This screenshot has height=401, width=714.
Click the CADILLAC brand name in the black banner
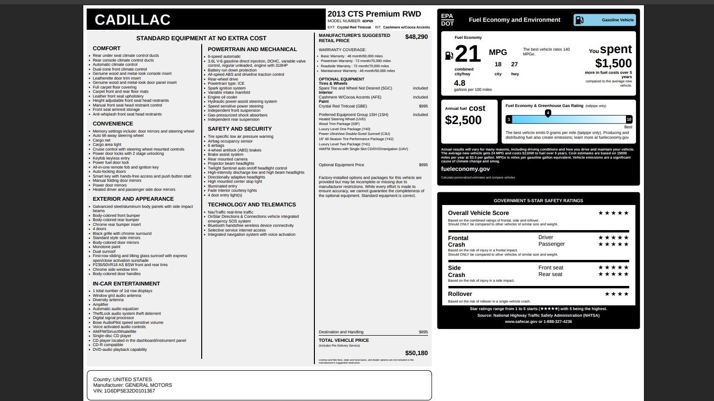[132, 20]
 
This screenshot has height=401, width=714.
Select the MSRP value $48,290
[416, 37]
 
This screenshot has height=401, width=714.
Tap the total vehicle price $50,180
[416, 353]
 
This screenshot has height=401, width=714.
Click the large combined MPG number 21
[468, 53]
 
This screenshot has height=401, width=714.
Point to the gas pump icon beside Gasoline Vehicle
[579, 20]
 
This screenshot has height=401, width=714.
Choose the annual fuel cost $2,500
[463, 120]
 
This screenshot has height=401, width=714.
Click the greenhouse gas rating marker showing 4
[548, 113]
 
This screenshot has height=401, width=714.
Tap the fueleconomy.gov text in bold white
[465, 169]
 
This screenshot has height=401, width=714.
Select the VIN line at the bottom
[124, 391]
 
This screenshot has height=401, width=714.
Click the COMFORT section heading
[107, 48]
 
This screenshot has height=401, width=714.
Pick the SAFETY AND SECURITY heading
[240, 129]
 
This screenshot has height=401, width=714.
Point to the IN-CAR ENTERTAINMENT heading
[126, 284]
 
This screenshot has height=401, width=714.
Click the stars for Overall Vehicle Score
[613, 213]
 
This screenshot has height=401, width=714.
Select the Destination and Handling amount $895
[423, 332]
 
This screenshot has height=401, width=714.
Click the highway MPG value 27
[514, 64]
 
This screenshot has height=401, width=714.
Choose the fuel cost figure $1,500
[613, 63]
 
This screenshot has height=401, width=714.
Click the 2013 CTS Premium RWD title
[374, 14]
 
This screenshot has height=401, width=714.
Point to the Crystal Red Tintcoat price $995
[423, 106]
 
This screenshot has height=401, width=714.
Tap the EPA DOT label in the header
[447, 20]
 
